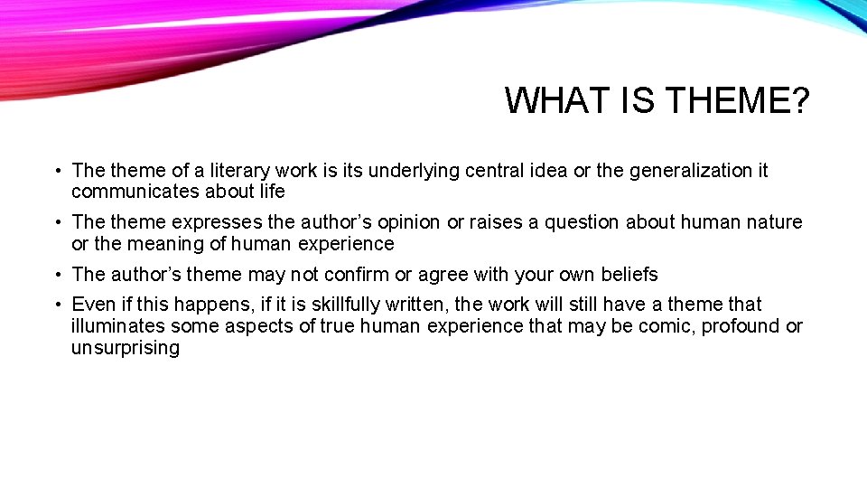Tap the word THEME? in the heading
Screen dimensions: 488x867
point(738,100)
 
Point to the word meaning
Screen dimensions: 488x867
point(161,244)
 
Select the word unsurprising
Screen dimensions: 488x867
point(126,348)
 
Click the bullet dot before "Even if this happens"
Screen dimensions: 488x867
point(57,305)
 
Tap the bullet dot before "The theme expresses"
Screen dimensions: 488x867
point(57,222)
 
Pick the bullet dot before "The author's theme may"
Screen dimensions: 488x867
point(57,274)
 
